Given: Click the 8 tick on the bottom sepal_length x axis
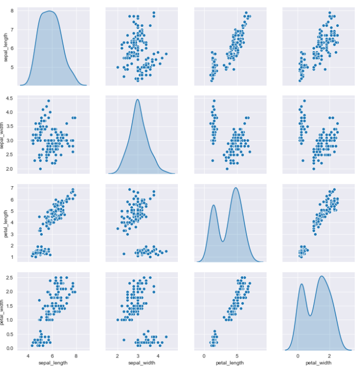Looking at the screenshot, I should (x=76, y=354).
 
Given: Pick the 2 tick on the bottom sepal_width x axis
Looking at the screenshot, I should (x=118, y=354).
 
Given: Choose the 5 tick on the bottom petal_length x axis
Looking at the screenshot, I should (x=237, y=354).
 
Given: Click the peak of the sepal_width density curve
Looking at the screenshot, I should (x=138, y=100).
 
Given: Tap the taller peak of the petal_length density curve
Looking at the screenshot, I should (x=236, y=188).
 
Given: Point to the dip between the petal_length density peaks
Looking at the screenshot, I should (x=223, y=242).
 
